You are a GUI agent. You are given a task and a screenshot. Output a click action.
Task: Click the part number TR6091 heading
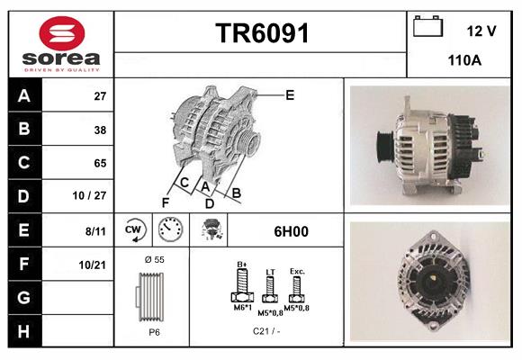coord(262,34)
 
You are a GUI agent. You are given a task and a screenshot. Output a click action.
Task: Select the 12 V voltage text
coord(481,31)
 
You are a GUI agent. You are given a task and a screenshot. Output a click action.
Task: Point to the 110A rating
coord(464,60)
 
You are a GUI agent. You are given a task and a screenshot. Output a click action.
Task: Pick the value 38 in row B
coord(100,130)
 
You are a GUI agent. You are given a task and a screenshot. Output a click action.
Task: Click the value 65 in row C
coord(100,163)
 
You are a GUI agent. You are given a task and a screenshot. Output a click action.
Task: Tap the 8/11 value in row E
coord(94,230)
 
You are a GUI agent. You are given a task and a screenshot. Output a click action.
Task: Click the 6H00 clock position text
coord(290,231)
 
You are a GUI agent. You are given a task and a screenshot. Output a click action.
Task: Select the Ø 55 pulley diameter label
coord(153,259)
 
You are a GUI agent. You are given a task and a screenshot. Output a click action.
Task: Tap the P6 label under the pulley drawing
coord(154,332)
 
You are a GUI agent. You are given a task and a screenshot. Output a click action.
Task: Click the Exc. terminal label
coord(296,270)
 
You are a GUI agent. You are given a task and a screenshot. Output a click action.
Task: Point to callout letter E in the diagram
coord(290,94)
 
